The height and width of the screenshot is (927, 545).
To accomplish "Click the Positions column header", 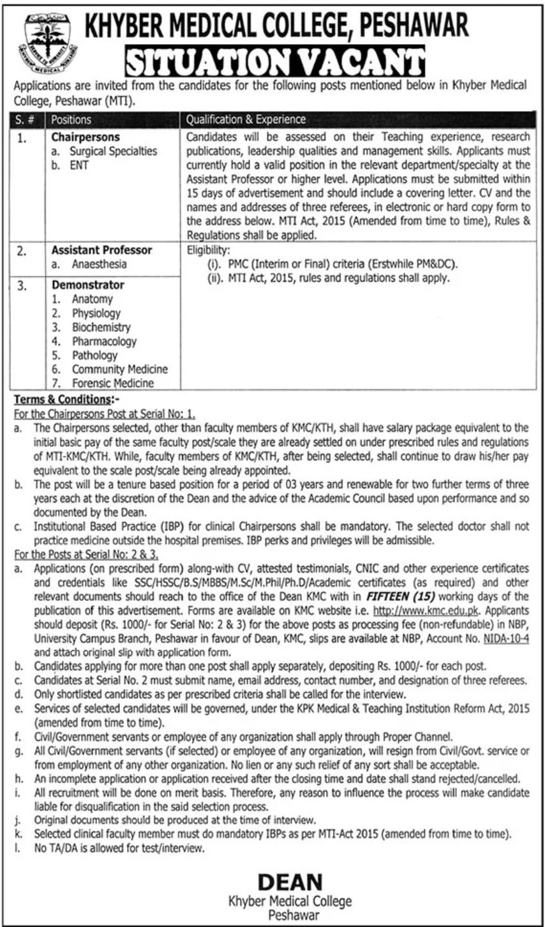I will click(71, 119).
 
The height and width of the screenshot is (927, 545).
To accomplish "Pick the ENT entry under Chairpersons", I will click(78, 165).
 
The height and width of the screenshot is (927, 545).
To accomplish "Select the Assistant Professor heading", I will click(101, 250).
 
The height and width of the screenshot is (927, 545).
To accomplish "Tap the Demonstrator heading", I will click(88, 285).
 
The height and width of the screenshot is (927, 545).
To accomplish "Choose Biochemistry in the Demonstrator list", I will click(101, 327).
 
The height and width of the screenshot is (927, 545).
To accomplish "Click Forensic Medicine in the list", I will click(112, 383).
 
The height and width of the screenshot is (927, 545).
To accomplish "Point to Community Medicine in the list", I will click(119, 369).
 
